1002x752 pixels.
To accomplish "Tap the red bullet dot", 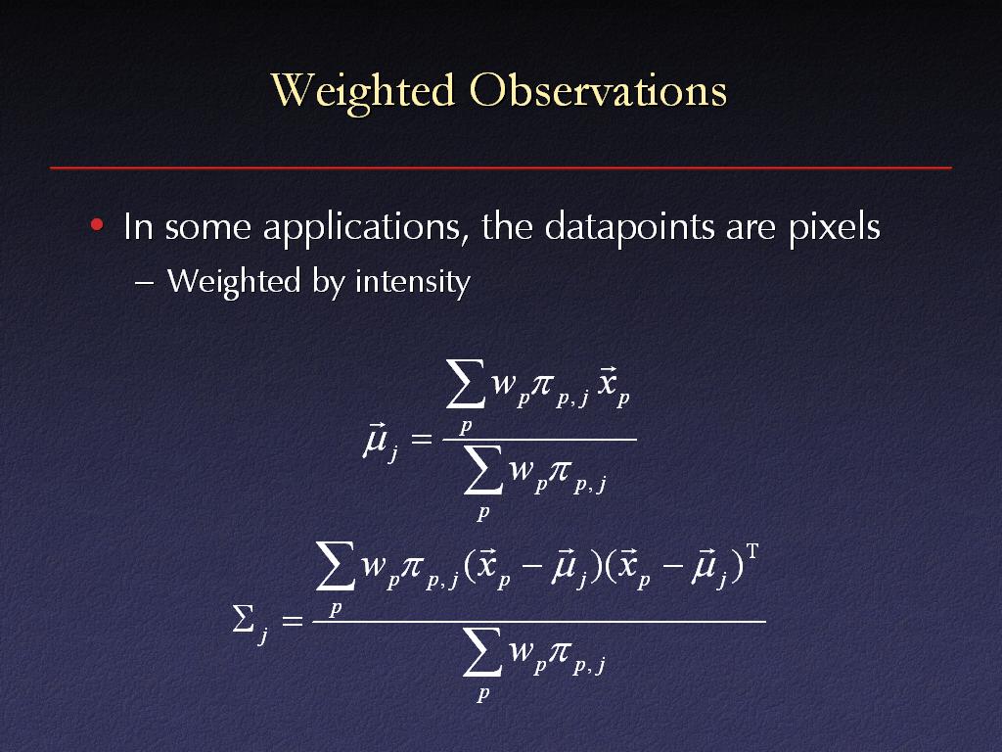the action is pos(97,224).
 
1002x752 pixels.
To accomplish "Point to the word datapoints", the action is pos(629,228).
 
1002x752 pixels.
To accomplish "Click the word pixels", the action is pos(834,228).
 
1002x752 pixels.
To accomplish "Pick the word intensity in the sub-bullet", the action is pos(412,282).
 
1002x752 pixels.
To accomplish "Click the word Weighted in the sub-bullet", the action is pos(233,282).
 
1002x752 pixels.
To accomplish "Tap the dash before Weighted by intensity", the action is pos(145,283).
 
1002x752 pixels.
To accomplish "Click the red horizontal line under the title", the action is pos(501,167).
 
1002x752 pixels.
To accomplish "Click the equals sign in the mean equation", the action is pos(421,440).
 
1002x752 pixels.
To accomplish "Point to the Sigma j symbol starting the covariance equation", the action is pos(250,624).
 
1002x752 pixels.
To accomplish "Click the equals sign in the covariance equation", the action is pos(292,620).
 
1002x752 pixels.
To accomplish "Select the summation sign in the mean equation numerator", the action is pos(465,384).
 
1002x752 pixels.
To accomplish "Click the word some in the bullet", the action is pos(207,228).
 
